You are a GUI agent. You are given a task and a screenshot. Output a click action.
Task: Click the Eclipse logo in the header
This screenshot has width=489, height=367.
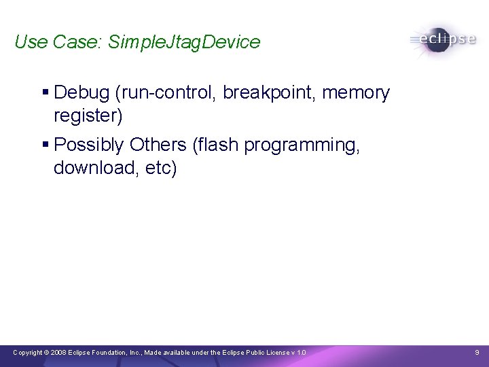tap(443, 39)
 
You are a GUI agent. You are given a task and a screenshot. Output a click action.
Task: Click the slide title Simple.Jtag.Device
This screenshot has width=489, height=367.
tap(184, 42)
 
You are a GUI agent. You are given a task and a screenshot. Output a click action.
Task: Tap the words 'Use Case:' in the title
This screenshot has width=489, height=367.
tap(58, 42)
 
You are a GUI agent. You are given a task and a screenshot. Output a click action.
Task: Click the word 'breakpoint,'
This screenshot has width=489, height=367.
tap(270, 92)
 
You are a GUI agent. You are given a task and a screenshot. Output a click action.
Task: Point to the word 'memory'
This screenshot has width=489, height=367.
tap(356, 92)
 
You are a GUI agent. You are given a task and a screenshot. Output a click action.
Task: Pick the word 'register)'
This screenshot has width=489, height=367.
tap(88, 116)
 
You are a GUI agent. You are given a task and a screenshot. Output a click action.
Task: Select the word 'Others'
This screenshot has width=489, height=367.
tap(158, 145)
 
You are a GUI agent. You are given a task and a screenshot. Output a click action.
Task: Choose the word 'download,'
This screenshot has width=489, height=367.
tap(96, 168)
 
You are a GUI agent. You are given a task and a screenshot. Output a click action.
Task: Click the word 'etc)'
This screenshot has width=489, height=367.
tap(160, 168)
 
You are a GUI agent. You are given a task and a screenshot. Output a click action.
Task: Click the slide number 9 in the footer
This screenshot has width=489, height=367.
tap(477, 353)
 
